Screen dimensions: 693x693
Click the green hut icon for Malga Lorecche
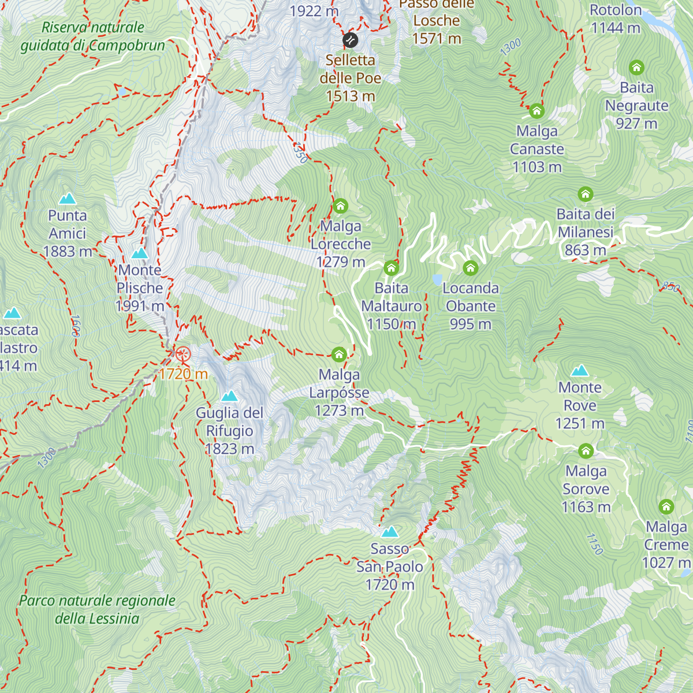point(340,206)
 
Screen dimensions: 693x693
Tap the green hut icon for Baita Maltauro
point(392,267)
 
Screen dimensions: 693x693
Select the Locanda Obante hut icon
point(471,267)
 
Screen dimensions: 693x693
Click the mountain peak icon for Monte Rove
point(580,371)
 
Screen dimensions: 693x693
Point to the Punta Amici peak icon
point(68,199)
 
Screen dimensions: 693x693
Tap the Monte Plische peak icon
point(140,254)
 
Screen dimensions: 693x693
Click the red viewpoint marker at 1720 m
point(183,354)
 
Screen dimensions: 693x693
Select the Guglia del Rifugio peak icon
point(230,396)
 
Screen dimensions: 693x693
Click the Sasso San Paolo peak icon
point(390,532)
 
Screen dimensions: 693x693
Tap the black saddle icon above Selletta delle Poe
point(350,40)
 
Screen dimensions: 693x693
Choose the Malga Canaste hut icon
point(537,110)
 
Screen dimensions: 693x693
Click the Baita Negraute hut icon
point(636,68)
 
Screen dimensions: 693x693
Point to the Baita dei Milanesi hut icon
point(586,194)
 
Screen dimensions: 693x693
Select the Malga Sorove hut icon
point(586,450)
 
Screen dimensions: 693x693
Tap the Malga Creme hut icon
point(666,506)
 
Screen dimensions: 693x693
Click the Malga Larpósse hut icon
point(339,354)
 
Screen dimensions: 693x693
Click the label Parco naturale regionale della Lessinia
point(97,609)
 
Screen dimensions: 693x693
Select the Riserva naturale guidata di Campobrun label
point(92,36)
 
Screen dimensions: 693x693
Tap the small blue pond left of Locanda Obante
point(437,281)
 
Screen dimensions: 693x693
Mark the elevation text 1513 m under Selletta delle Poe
point(351,96)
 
